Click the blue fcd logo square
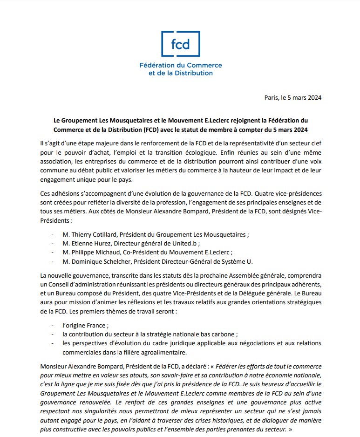tap(180, 44)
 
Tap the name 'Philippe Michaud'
tap(90, 252)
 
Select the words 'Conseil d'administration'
tap(94, 285)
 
